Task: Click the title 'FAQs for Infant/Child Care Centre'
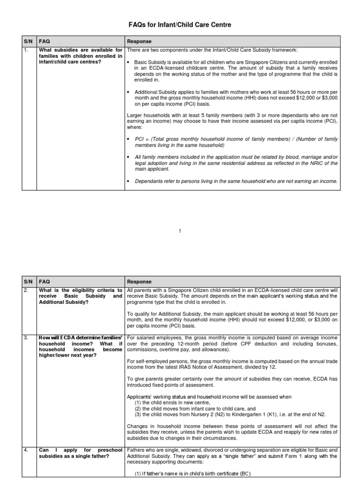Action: pyautogui.click(x=180, y=24)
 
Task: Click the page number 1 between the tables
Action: pyautogui.click(x=180, y=231)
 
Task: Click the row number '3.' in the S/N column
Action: pyautogui.click(x=27, y=337)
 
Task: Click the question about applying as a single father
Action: pyautogui.click(x=81, y=453)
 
